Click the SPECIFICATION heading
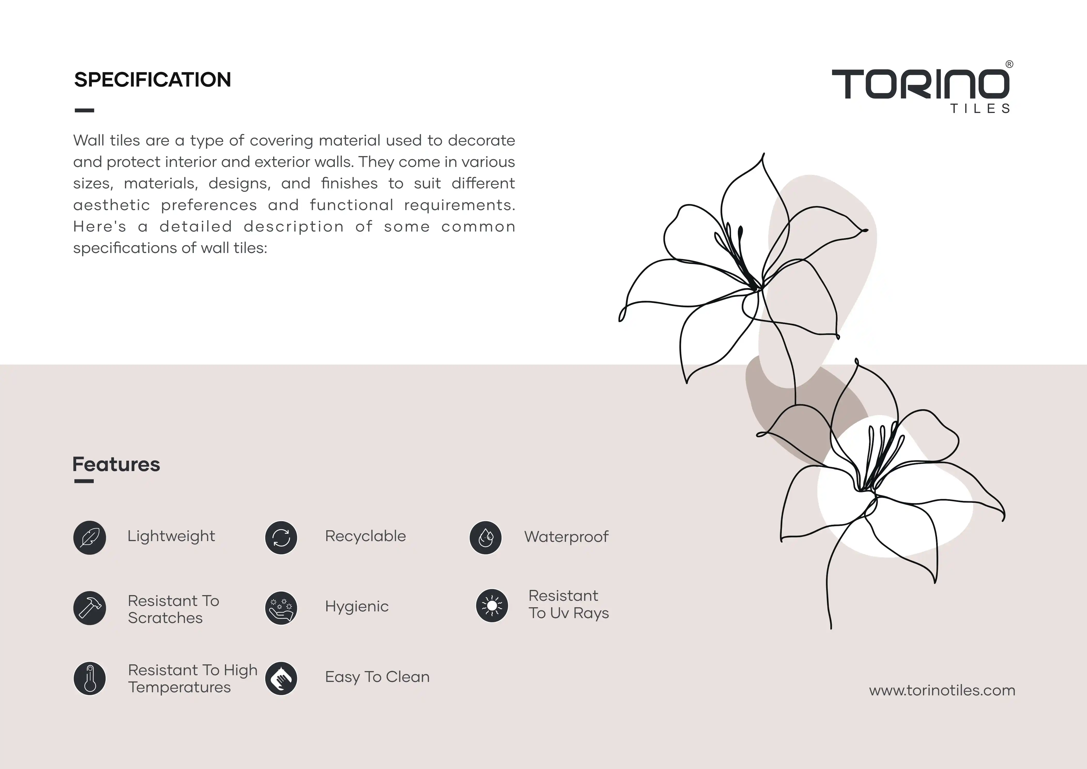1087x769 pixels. coord(152,80)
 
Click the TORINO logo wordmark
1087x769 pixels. coord(920,84)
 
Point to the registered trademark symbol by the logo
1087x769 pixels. coord(1009,64)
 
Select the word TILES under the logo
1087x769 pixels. coord(980,109)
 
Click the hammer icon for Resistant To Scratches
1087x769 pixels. coord(89,608)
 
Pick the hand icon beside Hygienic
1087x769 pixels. coord(281,608)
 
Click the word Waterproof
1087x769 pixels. coord(566,537)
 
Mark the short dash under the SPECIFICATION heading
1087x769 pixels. coord(84,110)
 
